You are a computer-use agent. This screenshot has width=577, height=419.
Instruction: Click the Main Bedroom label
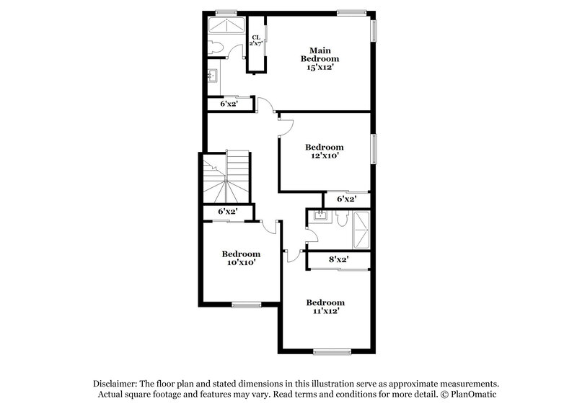[x=319, y=54]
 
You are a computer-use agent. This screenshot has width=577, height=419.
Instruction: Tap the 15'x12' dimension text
[x=319, y=66]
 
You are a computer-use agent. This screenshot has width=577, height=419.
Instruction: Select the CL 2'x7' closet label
[x=255, y=40]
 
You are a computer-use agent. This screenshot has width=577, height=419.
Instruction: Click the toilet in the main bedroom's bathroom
[x=215, y=48]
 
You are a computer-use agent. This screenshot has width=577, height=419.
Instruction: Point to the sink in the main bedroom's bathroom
[x=213, y=75]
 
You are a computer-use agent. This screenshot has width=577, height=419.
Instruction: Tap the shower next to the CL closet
[x=226, y=27]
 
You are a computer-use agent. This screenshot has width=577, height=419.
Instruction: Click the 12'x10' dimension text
[x=323, y=155]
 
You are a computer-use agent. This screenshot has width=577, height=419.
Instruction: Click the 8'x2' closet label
[x=339, y=259]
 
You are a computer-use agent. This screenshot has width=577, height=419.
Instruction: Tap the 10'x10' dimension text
[x=240, y=263]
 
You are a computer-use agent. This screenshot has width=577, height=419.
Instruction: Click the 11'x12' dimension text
[x=325, y=311]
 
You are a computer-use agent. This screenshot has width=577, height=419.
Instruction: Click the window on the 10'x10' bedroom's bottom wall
[x=246, y=305]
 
